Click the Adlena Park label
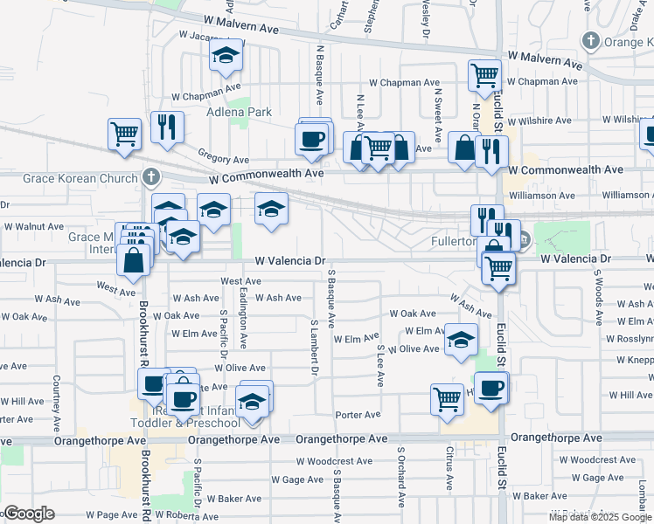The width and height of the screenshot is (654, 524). pos(239,112)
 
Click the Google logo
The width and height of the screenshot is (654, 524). pos(28,514)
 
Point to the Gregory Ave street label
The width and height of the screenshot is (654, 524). pos(223,159)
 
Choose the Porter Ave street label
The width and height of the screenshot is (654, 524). pos(358,414)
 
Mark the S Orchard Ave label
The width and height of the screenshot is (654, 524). pos(401,477)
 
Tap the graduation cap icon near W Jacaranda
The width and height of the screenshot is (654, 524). pos(226,57)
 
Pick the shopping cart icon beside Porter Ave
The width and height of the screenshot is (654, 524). pos(447,398)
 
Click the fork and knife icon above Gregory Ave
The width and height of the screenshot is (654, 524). pos(166,127)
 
